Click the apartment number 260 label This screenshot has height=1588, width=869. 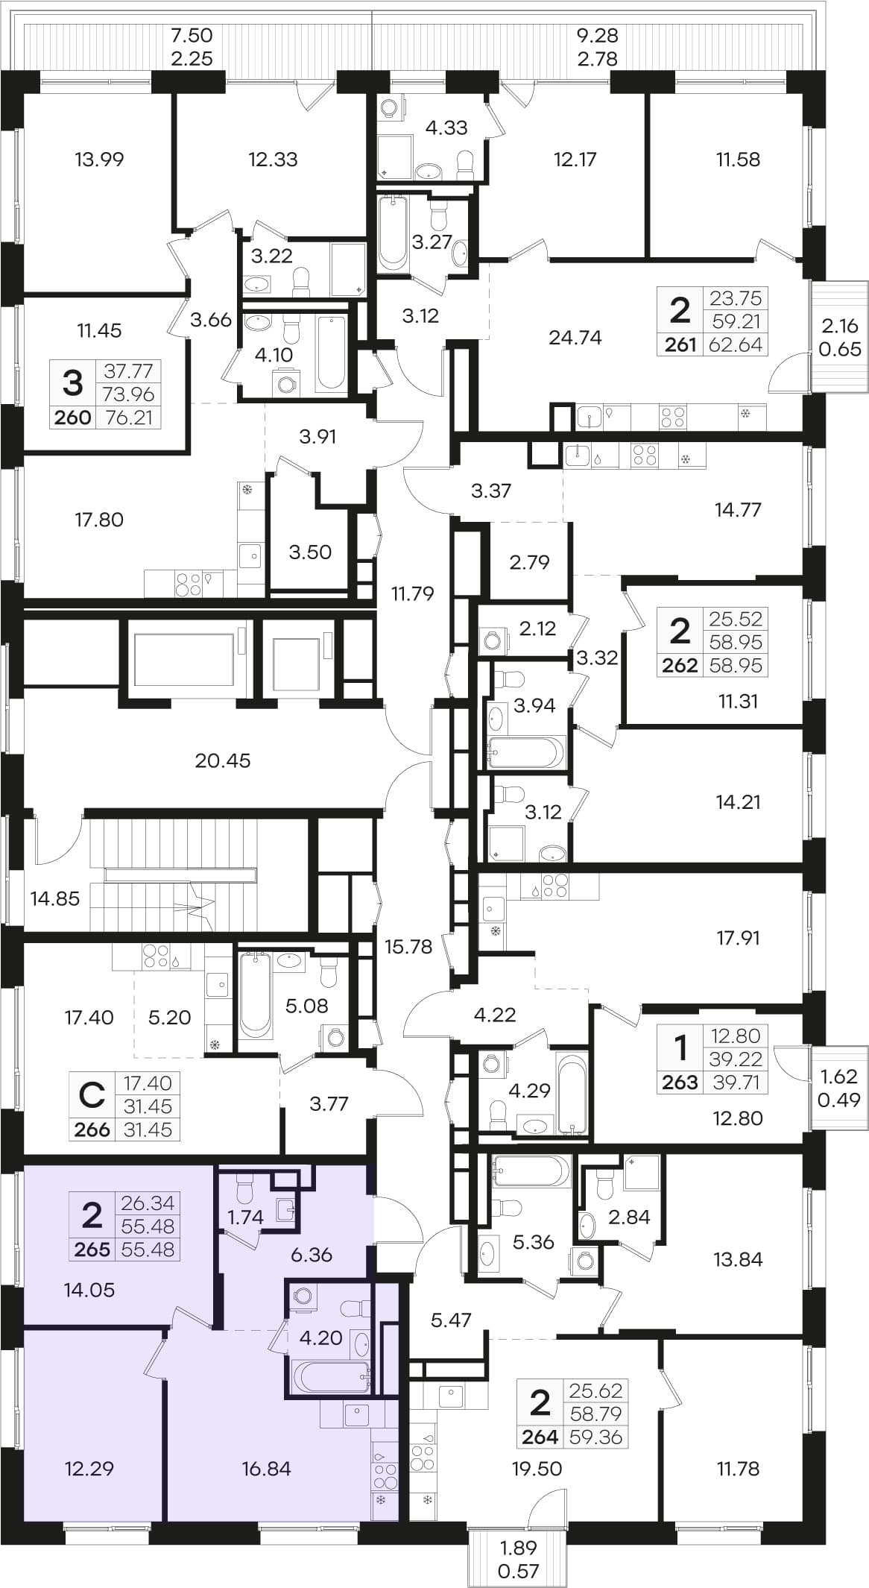pos(73,418)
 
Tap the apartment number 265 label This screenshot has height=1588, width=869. pos(92,1250)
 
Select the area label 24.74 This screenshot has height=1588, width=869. pos(575,338)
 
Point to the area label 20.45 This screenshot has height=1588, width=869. pos(222,760)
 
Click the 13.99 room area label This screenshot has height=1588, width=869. pos(99,159)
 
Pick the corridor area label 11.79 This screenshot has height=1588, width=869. pos(412,593)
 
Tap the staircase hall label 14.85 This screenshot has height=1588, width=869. pos(54,898)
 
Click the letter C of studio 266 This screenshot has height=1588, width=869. pos(92,1096)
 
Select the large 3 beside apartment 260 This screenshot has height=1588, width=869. pos(72,383)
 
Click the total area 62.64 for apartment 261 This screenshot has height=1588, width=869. pos(736,344)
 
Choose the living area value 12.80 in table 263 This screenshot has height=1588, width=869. pos(736,1036)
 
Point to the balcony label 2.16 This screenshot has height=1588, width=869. pos(839,326)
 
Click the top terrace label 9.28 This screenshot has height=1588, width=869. pos(598,35)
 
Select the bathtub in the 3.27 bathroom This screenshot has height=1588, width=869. pos(392,232)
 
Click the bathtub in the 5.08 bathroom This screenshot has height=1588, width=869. pos(255,995)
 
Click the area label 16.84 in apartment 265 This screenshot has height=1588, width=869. pos(266,1469)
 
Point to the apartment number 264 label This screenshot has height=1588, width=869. pos(540,1437)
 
